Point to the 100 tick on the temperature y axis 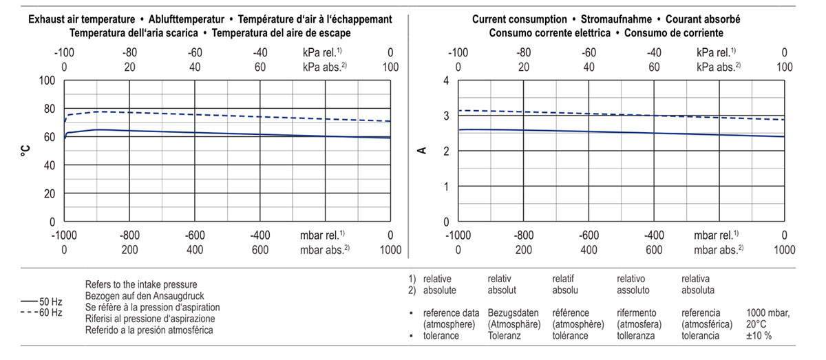[x=46, y=81]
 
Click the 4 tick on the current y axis [x=445, y=81]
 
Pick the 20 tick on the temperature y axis [x=49, y=193]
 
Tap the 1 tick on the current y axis [x=445, y=187]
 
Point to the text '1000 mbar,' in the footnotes [x=767, y=313]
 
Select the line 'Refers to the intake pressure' [x=142, y=284]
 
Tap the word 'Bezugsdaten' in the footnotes [x=511, y=313]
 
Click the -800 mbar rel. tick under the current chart [x=524, y=235]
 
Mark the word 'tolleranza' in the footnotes [x=637, y=336]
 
